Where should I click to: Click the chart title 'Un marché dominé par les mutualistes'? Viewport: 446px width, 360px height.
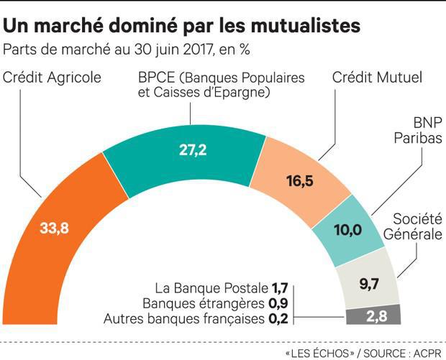click(182, 27)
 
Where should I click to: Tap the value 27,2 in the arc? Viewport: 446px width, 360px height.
click(193, 150)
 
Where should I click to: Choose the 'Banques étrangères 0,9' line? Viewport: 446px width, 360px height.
click(221, 304)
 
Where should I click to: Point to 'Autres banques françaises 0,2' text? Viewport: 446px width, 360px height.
click(198, 317)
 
